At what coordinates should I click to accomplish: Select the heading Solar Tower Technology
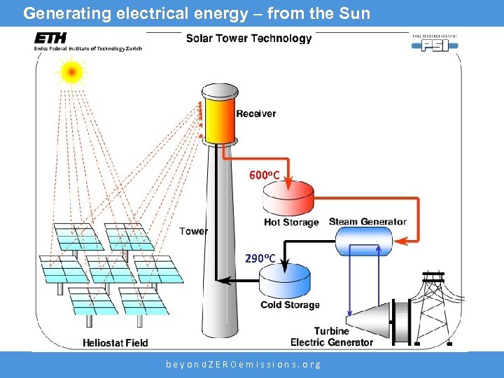[x=248, y=38]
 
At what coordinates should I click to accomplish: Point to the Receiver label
[x=255, y=113]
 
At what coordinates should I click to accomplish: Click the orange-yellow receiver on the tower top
[x=220, y=116]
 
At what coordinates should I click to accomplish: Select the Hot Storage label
[x=291, y=223]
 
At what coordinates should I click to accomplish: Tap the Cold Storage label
[x=290, y=305]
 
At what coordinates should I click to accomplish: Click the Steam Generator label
[x=367, y=222]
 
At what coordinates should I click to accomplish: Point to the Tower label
[x=193, y=231]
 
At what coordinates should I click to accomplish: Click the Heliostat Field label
[x=115, y=343]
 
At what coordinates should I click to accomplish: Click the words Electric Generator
[x=332, y=342]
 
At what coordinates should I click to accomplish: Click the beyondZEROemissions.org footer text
[x=243, y=365]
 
